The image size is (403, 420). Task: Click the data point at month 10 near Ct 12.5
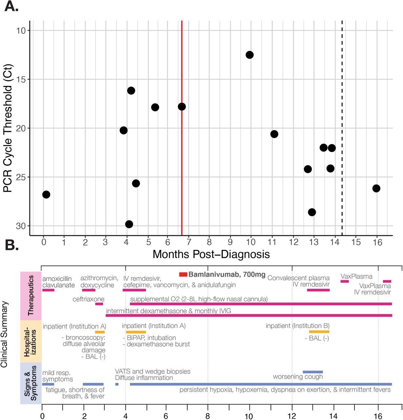pyautogui.click(x=250, y=55)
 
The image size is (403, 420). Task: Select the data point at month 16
pyautogui.click(x=376, y=188)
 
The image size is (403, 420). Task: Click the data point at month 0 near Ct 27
pyautogui.click(x=46, y=195)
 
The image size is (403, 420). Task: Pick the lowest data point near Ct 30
pyautogui.click(x=129, y=224)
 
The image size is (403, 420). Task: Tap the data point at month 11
pyautogui.click(x=274, y=134)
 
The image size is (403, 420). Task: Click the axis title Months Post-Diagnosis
pyautogui.click(x=211, y=254)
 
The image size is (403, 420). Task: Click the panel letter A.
pyautogui.click(x=11, y=7)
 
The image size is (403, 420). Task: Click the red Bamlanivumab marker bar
pyautogui.click(x=183, y=274)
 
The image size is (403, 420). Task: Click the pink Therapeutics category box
pyautogui.click(x=30, y=296)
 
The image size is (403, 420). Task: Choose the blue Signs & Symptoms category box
pyautogui.click(x=30, y=383)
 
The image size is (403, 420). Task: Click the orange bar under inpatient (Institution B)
pyautogui.click(x=319, y=332)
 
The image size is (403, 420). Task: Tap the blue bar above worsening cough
pyautogui.click(x=312, y=372)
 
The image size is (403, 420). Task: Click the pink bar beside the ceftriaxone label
pyautogui.click(x=99, y=304)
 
